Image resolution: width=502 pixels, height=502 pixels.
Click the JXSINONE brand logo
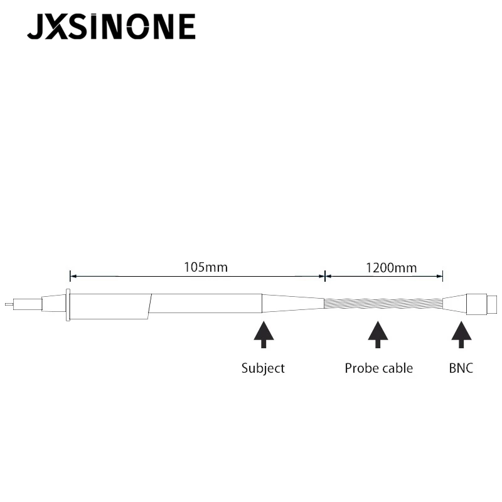point(111,26)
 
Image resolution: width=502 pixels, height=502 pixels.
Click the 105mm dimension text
point(206,267)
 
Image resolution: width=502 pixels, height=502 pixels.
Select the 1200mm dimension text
point(391,268)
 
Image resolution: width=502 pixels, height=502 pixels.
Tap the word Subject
point(263,368)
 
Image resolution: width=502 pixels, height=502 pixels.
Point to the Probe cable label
point(379,368)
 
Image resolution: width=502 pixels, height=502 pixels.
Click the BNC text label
point(461,368)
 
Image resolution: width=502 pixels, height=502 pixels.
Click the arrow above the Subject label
point(264,335)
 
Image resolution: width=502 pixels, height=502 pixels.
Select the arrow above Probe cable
point(378,335)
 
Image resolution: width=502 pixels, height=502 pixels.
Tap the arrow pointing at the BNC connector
point(461,335)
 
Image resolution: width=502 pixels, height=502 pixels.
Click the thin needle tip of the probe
point(9,304)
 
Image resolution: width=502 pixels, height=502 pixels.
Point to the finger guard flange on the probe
point(68,304)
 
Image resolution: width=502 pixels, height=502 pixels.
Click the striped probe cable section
point(383,303)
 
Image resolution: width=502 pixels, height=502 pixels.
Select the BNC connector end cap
point(492,305)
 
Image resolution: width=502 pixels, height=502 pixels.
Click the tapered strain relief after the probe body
point(293,303)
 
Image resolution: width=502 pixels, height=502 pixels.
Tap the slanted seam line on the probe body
point(149,306)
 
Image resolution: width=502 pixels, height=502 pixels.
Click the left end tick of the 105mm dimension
point(70,276)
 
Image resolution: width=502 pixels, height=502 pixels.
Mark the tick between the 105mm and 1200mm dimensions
point(325,276)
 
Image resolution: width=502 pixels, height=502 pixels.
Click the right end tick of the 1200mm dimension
point(442,276)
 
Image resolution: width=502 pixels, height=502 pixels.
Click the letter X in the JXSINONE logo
point(56,26)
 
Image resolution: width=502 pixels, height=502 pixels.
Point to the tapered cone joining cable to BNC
point(454,304)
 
